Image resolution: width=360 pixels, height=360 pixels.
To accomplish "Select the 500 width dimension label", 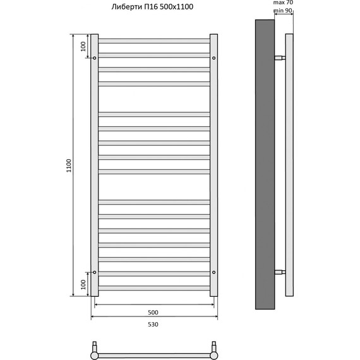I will pyautogui.click(x=153, y=312).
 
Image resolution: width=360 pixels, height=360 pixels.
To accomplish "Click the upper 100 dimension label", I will pyautogui.click(x=83, y=46).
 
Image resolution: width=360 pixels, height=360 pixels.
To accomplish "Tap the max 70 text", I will pyautogui.click(x=283, y=3).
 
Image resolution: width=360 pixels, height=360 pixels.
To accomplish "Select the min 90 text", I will pyautogui.click(x=283, y=11).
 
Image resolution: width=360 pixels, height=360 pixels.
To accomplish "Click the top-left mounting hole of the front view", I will pyautogui.click(x=95, y=58).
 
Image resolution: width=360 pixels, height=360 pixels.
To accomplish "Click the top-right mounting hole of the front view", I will pyautogui.click(x=214, y=58).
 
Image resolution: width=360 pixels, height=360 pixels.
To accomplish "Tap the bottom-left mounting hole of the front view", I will pyautogui.click(x=95, y=272).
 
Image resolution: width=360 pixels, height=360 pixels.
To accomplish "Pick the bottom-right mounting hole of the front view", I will pyautogui.click(x=214, y=272).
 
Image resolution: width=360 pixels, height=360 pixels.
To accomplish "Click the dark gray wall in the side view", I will pyautogui.click(x=265, y=164).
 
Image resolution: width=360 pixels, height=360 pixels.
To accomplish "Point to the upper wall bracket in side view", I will pyautogui.click(x=280, y=58).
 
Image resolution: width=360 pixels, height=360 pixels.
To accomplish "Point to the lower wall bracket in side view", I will pyautogui.click(x=280, y=272).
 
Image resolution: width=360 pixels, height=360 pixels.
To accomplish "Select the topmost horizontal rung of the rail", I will pyautogui.click(x=154, y=40).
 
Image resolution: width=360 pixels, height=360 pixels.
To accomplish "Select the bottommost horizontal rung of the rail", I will pyautogui.click(x=154, y=288).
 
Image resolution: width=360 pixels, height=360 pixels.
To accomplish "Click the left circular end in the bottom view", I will pyautogui.click(x=95, y=355).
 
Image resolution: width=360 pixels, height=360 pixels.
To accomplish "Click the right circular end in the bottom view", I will pyautogui.click(x=214, y=355).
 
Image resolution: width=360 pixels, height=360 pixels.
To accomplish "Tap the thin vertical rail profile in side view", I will pyautogui.click(x=289, y=164).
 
